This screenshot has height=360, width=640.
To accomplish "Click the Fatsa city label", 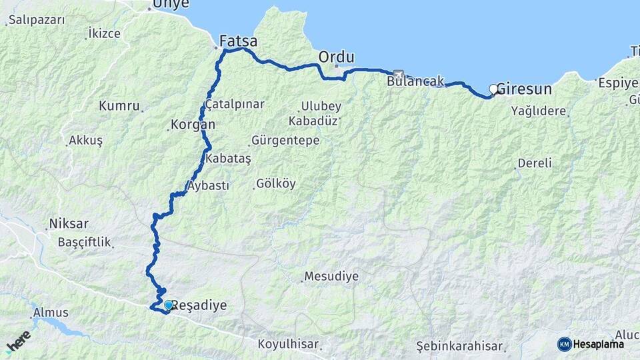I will [239, 41].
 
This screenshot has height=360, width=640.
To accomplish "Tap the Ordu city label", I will [336, 57].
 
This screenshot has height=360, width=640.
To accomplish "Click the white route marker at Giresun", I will [494, 89].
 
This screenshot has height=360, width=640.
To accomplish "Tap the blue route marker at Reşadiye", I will [169, 305].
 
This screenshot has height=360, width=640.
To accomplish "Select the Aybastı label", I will [209, 186].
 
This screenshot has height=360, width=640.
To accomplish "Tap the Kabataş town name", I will [228, 159].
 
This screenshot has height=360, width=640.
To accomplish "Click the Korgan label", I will [193, 125].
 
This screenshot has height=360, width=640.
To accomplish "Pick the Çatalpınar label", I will [235, 105].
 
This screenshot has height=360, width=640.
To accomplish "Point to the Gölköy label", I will [275, 184].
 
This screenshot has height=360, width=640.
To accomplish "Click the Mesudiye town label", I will [331, 276].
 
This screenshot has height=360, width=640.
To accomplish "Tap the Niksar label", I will [69, 223].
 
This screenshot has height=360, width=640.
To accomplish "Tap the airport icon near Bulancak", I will [399, 75].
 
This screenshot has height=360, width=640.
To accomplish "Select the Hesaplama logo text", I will [599, 344].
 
